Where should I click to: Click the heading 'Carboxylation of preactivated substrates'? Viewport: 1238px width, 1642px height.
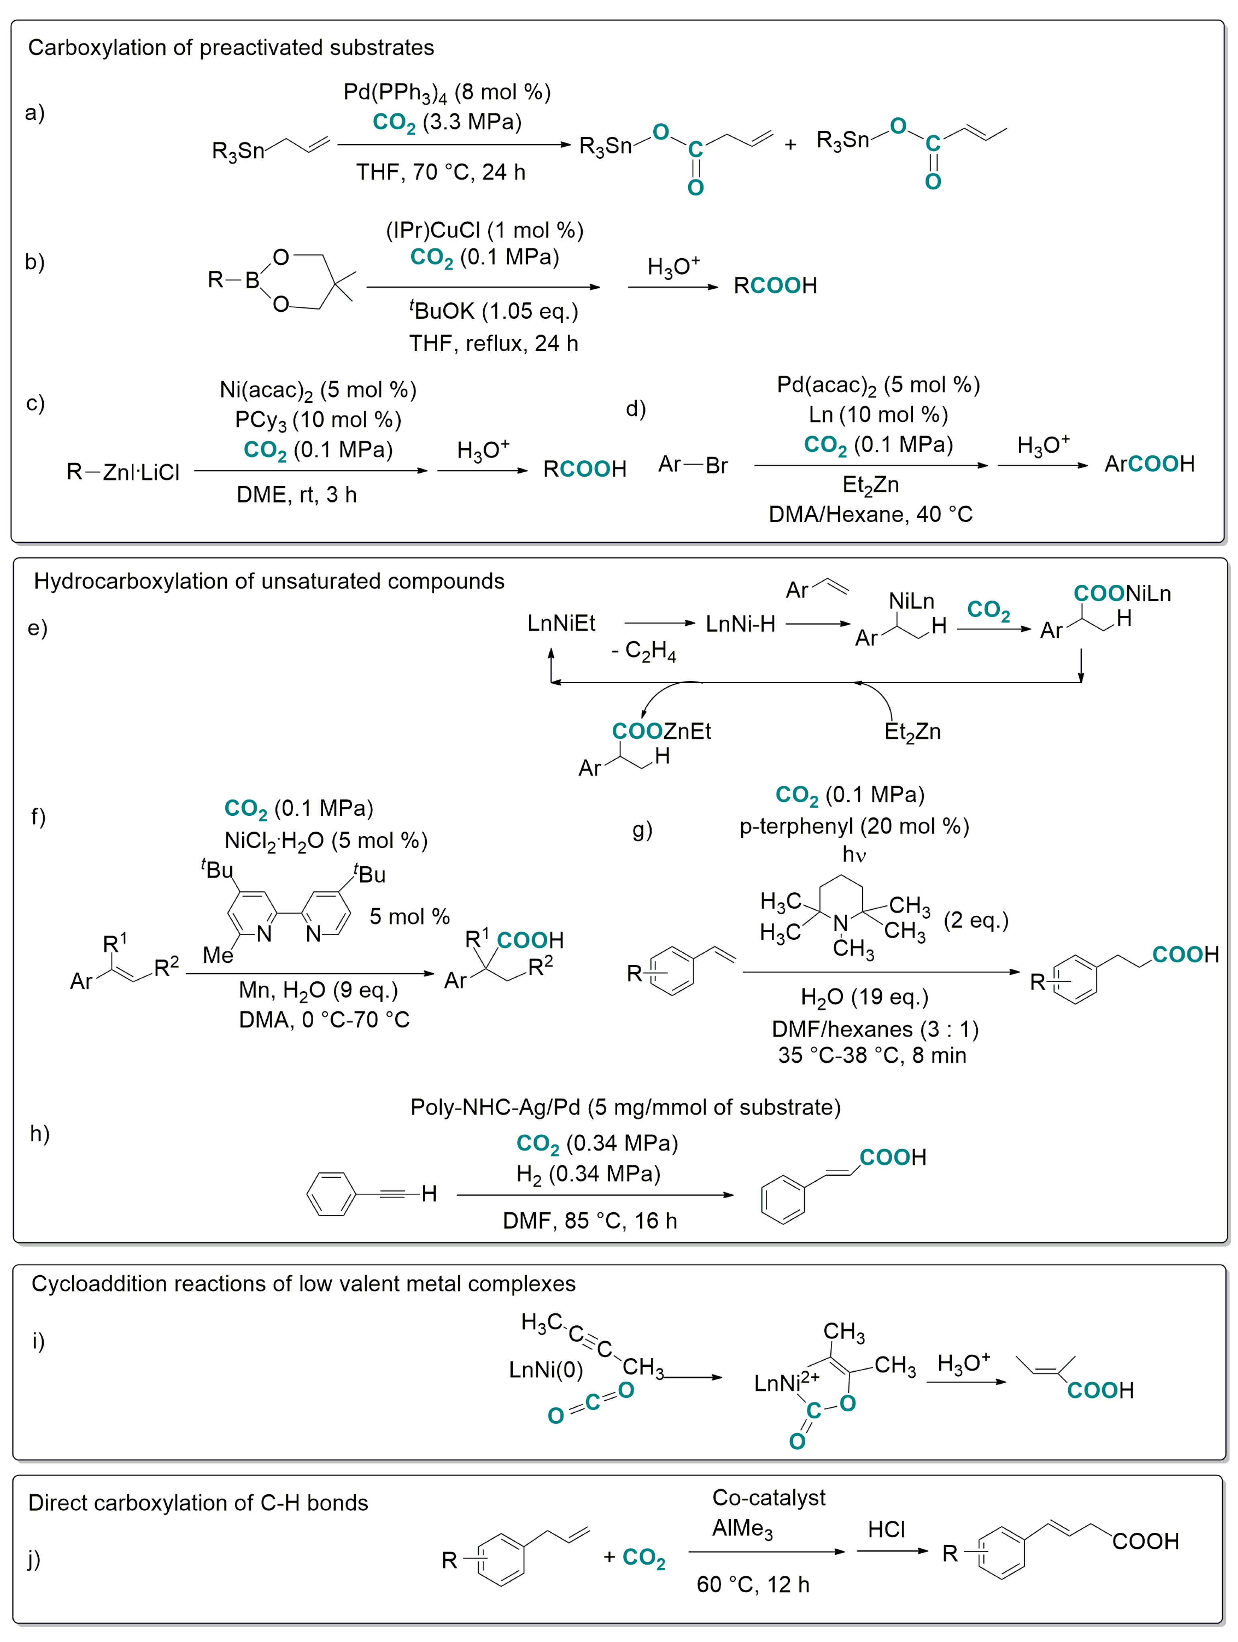pyautogui.click(x=231, y=47)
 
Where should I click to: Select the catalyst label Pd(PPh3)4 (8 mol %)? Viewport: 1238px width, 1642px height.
pyautogui.click(x=447, y=92)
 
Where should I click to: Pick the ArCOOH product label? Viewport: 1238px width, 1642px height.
pyautogui.click(x=1149, y=464)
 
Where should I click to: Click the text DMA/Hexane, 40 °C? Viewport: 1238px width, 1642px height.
pyautogui.click(x=870, y=514)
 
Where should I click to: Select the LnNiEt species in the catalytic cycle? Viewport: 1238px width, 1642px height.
pyautogui.click(x=561, y=623)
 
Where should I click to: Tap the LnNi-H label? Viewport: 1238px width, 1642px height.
pyautogui.click(x=740, y=623)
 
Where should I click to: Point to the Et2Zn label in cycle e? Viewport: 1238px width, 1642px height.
pyautogui.click(x=912, y=732)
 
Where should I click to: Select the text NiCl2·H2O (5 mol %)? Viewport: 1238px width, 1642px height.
pyautogui.click(x=326, y=840)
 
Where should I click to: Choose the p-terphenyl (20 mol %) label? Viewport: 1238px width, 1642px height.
pyautogui.click(x=854, y=826)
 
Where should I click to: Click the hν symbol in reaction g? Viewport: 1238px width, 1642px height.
pyautogui.click(x=854, y=854)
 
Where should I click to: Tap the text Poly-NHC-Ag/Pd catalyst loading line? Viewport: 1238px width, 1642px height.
pyautogui.click(x=625, y=1107)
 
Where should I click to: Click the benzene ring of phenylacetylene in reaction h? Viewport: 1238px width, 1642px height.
pyautogui.click(x=331, y=1194)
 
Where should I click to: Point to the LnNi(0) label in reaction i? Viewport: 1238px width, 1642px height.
pyautogui.click(x=546, y=1370)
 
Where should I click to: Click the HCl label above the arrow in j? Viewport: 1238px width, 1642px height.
pyautogui.click(x=886, y=1529)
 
